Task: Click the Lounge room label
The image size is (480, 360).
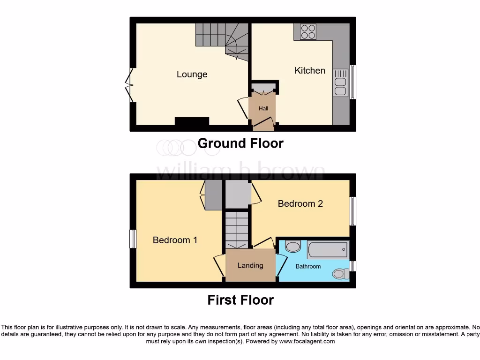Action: point(192,75)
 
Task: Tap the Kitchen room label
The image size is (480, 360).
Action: point(310,71)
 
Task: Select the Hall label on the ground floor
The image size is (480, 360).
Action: point(263,109)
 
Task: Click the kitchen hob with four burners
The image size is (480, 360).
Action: point(308,32)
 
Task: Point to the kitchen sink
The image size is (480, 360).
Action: point(340,83)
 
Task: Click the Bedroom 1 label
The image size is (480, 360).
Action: point(175,240)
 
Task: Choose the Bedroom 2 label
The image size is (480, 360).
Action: point(300,203)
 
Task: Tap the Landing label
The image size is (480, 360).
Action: point(250,265)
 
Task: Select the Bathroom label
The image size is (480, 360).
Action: point(308,266)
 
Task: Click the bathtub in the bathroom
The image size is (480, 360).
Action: point(328,250)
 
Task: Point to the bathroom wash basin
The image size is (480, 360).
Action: point(293,247)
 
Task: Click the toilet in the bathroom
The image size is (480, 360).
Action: point(339,273)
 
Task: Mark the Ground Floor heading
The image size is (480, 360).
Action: point(240,143)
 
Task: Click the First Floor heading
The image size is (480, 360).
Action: point(240,300)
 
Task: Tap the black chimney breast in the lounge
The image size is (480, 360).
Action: point(192,121)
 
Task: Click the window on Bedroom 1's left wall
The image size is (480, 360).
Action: point(133,239)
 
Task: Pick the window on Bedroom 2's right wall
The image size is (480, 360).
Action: point(352,211)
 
